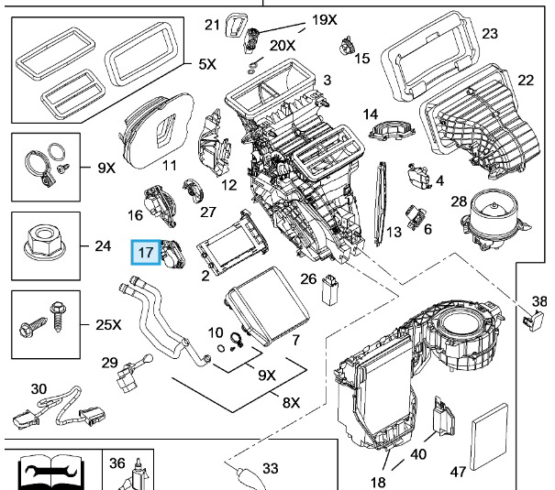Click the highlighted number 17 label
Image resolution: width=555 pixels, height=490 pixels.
(145, 251)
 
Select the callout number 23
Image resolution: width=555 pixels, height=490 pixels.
(489, 34)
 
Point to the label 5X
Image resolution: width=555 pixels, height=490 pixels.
(206, 66)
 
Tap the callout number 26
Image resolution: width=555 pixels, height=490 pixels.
(309, 278)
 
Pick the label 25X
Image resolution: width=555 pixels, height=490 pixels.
(107, 324)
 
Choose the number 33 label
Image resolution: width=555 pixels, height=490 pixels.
(270, 468)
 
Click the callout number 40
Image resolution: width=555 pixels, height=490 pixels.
(418, 453)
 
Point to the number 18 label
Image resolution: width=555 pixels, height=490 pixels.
(377, 482)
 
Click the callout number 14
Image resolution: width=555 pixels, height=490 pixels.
(370, 114)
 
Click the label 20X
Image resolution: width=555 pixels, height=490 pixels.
(283, 45)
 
